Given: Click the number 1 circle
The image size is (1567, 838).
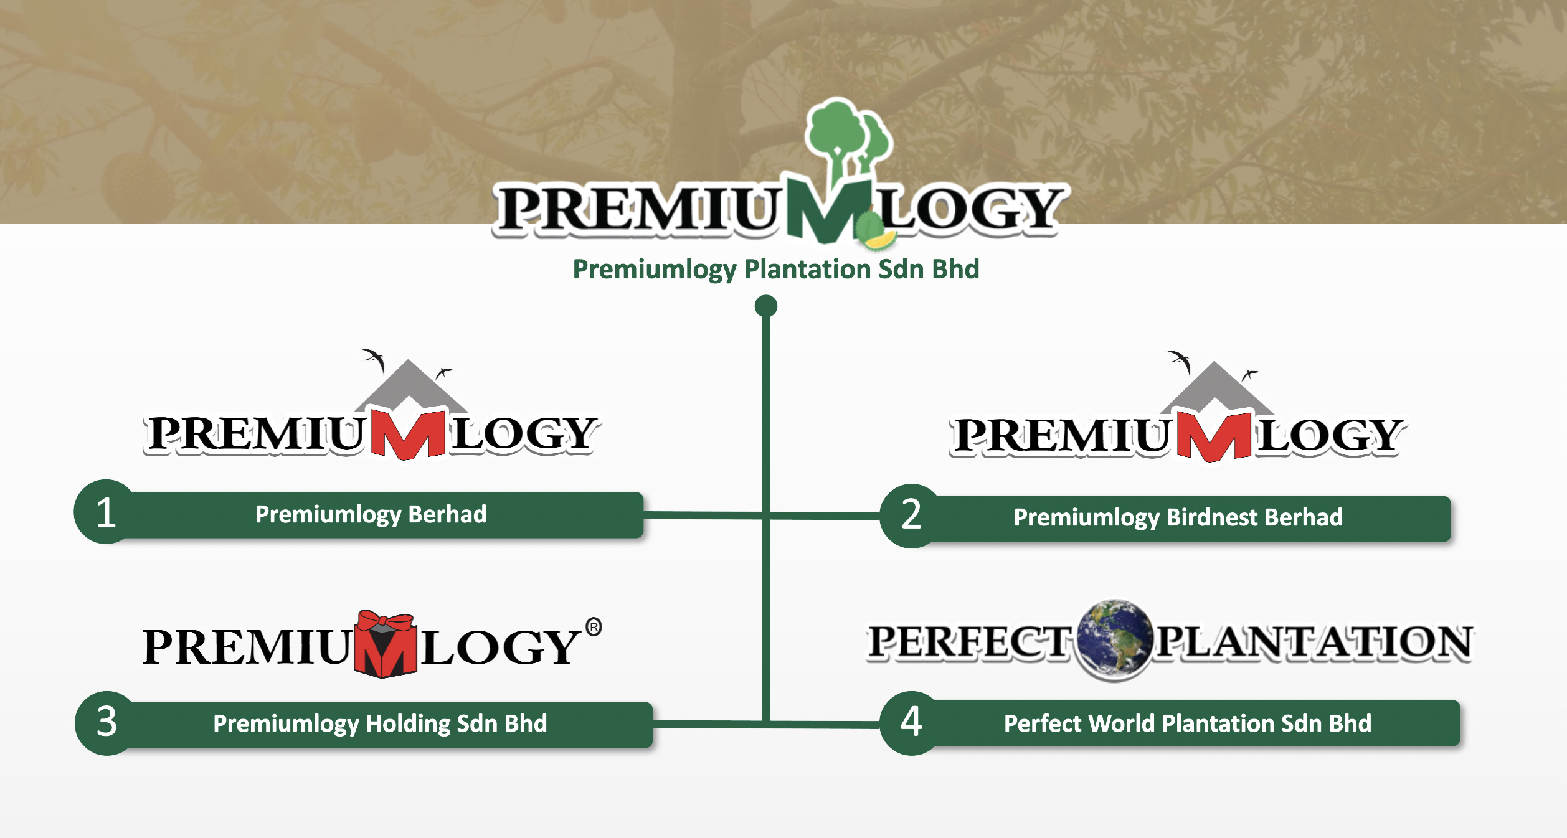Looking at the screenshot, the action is pos(107,512).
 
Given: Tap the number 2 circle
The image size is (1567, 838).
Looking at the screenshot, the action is pos(912,516).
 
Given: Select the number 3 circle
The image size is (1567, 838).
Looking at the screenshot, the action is pos(107,723).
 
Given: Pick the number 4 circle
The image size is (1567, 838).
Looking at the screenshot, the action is pos(912,723).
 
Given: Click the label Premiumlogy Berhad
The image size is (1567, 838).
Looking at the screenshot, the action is pos(371,515).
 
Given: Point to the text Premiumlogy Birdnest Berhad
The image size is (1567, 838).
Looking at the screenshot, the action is pos(1178,518).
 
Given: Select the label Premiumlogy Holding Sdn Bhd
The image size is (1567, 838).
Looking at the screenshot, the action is pos(380,724).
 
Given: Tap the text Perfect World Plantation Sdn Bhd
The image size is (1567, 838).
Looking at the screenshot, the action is pos(1188,723).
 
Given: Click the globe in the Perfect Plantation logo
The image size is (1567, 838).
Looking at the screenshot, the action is pos(1114,639).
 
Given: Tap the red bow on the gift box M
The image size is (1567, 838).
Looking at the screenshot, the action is pos(386,621).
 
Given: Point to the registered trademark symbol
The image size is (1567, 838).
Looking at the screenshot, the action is pos(594,627).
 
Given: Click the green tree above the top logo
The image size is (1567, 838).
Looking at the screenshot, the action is pos(847,140).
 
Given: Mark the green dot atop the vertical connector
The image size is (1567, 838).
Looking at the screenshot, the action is pos(766,306).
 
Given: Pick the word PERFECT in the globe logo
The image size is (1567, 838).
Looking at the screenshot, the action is pos(969,642).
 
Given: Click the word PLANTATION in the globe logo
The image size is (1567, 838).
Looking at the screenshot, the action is pos(1315,642).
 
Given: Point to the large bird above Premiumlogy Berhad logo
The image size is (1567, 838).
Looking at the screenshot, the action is pos(374,359).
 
